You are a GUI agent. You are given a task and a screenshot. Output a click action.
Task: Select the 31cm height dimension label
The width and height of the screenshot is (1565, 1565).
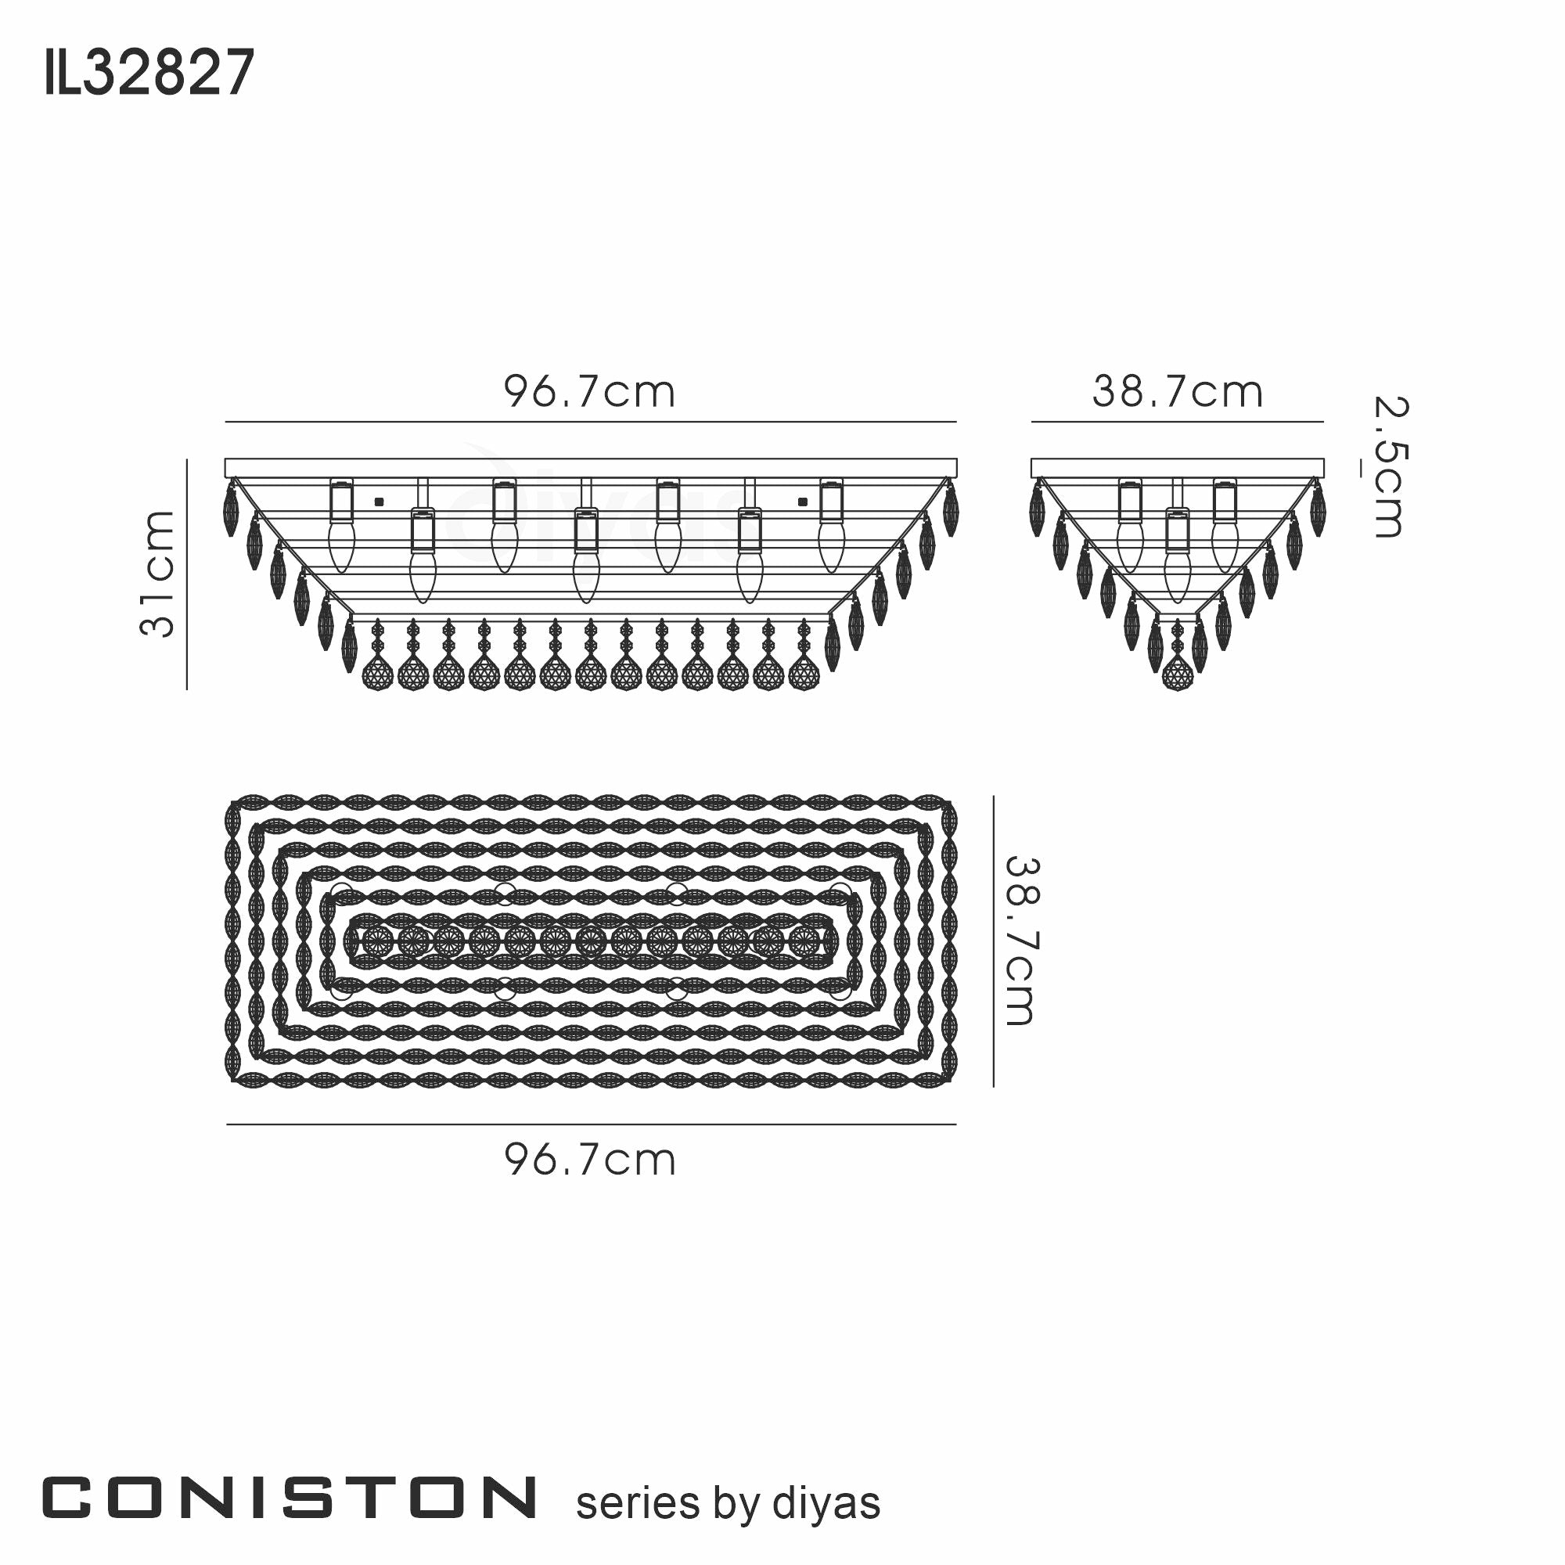point(158,574)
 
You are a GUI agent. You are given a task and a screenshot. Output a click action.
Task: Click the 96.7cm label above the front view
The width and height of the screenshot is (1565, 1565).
point(590,393)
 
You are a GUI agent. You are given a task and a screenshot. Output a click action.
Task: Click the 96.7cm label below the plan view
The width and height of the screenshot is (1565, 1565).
point(590,1160)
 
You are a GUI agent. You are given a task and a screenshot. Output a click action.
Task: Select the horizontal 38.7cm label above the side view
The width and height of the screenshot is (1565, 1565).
point(1177,393)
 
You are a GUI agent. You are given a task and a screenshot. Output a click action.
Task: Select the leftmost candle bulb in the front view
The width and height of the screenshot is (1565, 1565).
point(341,547)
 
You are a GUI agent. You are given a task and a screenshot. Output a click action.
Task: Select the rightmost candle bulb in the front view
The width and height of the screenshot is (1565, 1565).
point(830,547)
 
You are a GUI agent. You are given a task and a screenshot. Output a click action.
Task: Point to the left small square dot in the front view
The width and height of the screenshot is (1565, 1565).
point(378,502)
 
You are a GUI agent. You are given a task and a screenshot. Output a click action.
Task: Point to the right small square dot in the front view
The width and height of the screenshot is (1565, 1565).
point(803,502)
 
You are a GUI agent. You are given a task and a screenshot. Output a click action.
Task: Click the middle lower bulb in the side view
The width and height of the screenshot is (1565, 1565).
point(1176,577)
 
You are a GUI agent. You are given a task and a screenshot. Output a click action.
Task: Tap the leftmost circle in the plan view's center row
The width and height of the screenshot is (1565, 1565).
point(376,941)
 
